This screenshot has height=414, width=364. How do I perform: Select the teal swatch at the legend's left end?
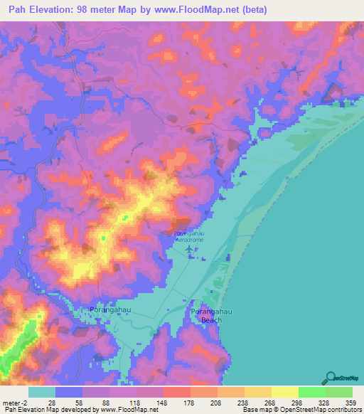[42, 392]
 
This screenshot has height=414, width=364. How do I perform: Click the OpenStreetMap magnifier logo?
[331, 378]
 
